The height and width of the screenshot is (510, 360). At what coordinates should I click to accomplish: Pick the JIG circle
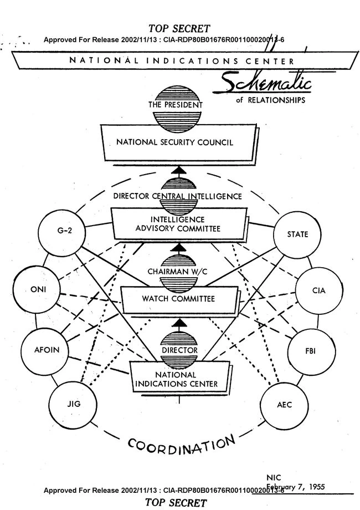(73, 404)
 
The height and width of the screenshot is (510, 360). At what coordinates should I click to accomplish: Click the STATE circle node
(297, 234)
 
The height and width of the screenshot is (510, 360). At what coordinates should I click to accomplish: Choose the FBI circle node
(310, 350)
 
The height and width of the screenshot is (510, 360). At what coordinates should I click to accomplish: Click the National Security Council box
(175, 142)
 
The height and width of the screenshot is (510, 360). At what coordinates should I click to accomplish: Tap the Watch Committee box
(177, 299)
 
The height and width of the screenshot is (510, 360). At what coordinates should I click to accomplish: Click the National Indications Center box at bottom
(179, 379)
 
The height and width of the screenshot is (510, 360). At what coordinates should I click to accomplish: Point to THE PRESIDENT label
(175, 104)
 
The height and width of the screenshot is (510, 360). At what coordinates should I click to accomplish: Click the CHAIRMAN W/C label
(176, 272)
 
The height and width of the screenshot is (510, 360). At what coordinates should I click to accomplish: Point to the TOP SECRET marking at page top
(178, 28)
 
